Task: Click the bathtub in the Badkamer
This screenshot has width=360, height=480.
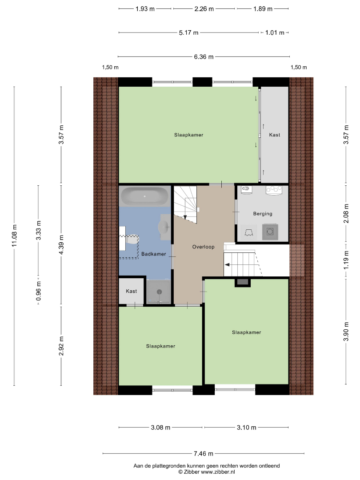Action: click(x=145, y=196)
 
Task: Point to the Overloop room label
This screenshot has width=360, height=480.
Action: click(x=203, y=247)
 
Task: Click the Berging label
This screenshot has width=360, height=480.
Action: click(x=263, y=214)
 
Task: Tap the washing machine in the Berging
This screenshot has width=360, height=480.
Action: click(x=270, y=232)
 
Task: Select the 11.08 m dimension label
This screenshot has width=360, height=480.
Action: click(x=14, y=236)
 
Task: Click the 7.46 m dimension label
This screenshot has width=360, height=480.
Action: click(x=204, y=453)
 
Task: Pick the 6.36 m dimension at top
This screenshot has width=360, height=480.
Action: click(x=204, y=56)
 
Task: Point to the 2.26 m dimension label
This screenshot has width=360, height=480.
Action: click(x=204, y=9)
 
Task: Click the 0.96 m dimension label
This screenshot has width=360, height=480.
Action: click(x=38, y=291)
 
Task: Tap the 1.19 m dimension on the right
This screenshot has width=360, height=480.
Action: click(x=346, y=260)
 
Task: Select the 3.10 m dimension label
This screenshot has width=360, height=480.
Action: click(x=246, y=428)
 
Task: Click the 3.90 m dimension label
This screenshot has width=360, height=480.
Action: click(x=346, y=332)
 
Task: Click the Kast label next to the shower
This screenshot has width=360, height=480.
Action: click(x=131, y=291)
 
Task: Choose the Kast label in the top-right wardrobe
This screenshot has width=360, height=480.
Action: click(x=275, y=135)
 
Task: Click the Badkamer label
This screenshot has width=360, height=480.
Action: click(x=154, y=254)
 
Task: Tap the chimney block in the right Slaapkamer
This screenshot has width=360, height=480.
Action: click(x=243, y=282)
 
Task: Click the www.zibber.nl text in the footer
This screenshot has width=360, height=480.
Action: click(x=218, y=472)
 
